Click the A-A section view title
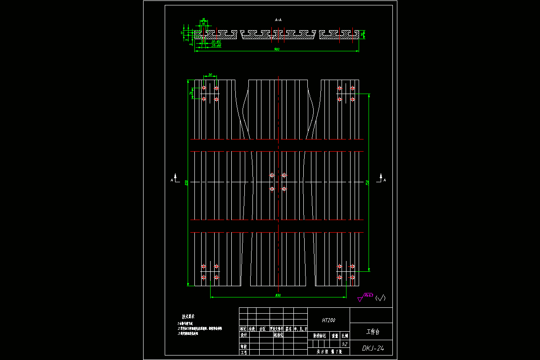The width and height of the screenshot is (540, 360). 278,20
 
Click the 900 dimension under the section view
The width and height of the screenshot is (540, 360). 277,49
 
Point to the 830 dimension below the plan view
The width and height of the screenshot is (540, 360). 278,295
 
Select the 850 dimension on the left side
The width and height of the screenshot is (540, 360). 186,182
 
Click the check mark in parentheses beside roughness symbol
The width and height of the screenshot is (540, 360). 381,297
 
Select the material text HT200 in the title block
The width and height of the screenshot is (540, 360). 328,320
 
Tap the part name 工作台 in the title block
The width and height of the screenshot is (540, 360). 373,332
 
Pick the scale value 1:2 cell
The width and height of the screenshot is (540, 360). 345,343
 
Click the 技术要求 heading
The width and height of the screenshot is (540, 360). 189,317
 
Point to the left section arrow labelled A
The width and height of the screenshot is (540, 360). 174,178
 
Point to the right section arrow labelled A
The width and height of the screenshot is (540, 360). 382,178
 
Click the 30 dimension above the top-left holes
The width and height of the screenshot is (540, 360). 210,75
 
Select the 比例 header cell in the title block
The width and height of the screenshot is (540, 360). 345,335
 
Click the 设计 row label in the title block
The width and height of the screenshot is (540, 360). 243,335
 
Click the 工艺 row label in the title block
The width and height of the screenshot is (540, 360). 243,352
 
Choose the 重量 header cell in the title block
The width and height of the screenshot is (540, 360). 335,335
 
